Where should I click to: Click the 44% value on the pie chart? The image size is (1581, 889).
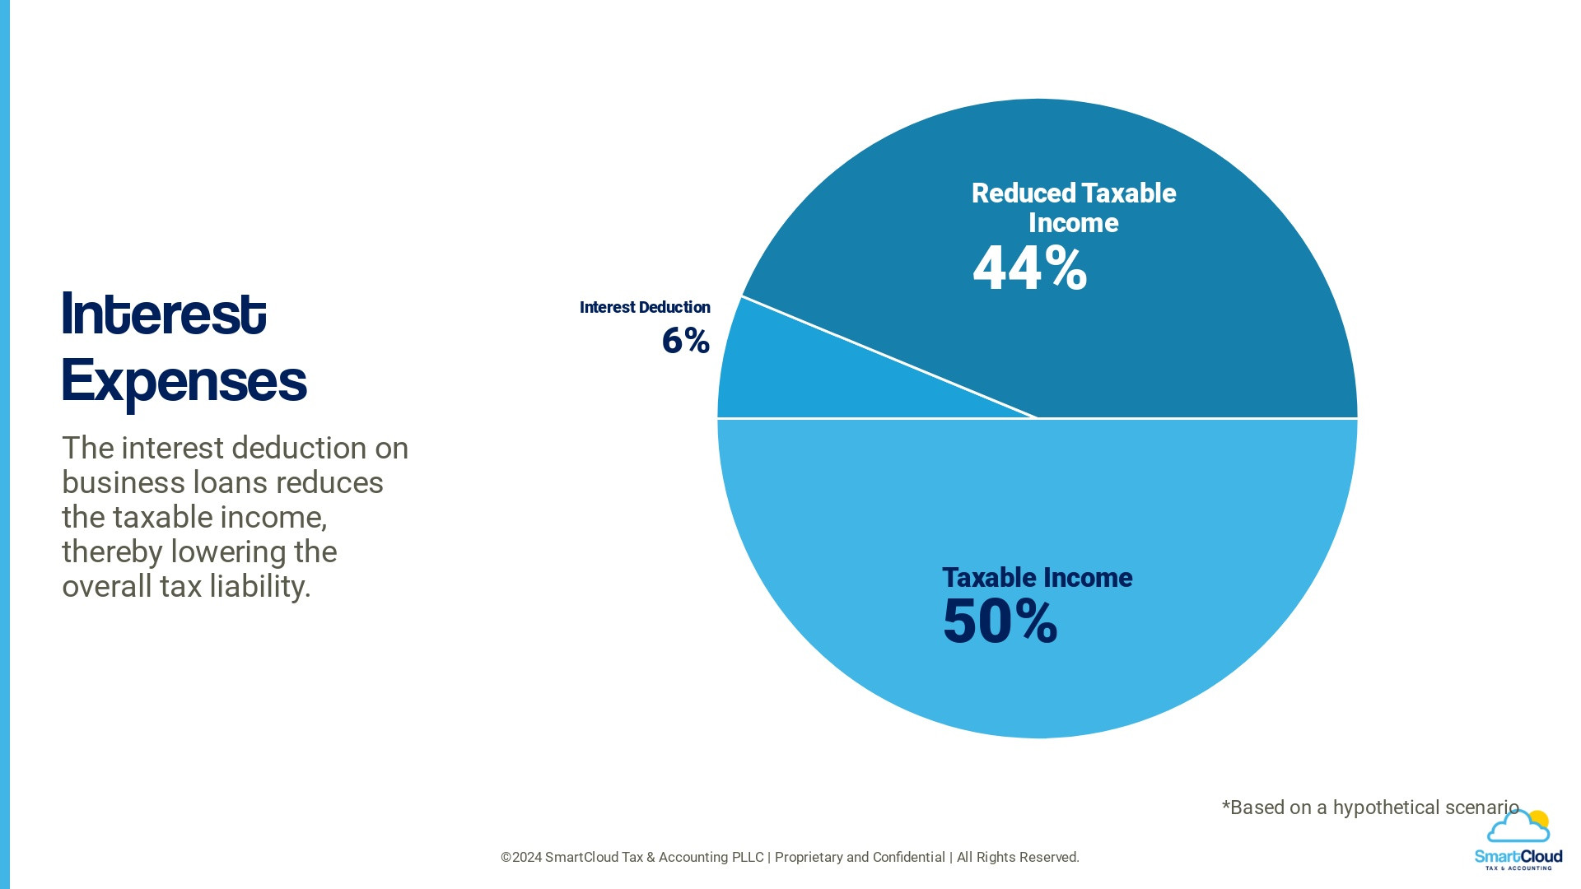point(1029,268)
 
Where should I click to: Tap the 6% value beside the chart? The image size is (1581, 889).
point(685,341)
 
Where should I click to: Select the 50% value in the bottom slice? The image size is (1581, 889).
point(1000,621)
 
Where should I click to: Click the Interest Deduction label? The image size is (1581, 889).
point(645,307)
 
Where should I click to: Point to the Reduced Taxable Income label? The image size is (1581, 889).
point(1073,207)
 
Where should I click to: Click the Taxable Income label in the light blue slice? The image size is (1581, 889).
point(1037,578)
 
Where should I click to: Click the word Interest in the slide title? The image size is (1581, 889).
point(164,314)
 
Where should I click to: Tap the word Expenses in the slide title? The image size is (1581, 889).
point(184,381)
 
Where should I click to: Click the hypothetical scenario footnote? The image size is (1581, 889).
point(1370,808)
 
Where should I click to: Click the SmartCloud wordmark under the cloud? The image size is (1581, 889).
point(1518,857)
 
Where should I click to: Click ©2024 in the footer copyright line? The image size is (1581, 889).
point(520,858)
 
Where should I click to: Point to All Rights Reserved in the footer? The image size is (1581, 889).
point(1017,858)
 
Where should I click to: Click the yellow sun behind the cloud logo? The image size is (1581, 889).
point(1538,820)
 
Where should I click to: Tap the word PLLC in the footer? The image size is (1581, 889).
point(748,858)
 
